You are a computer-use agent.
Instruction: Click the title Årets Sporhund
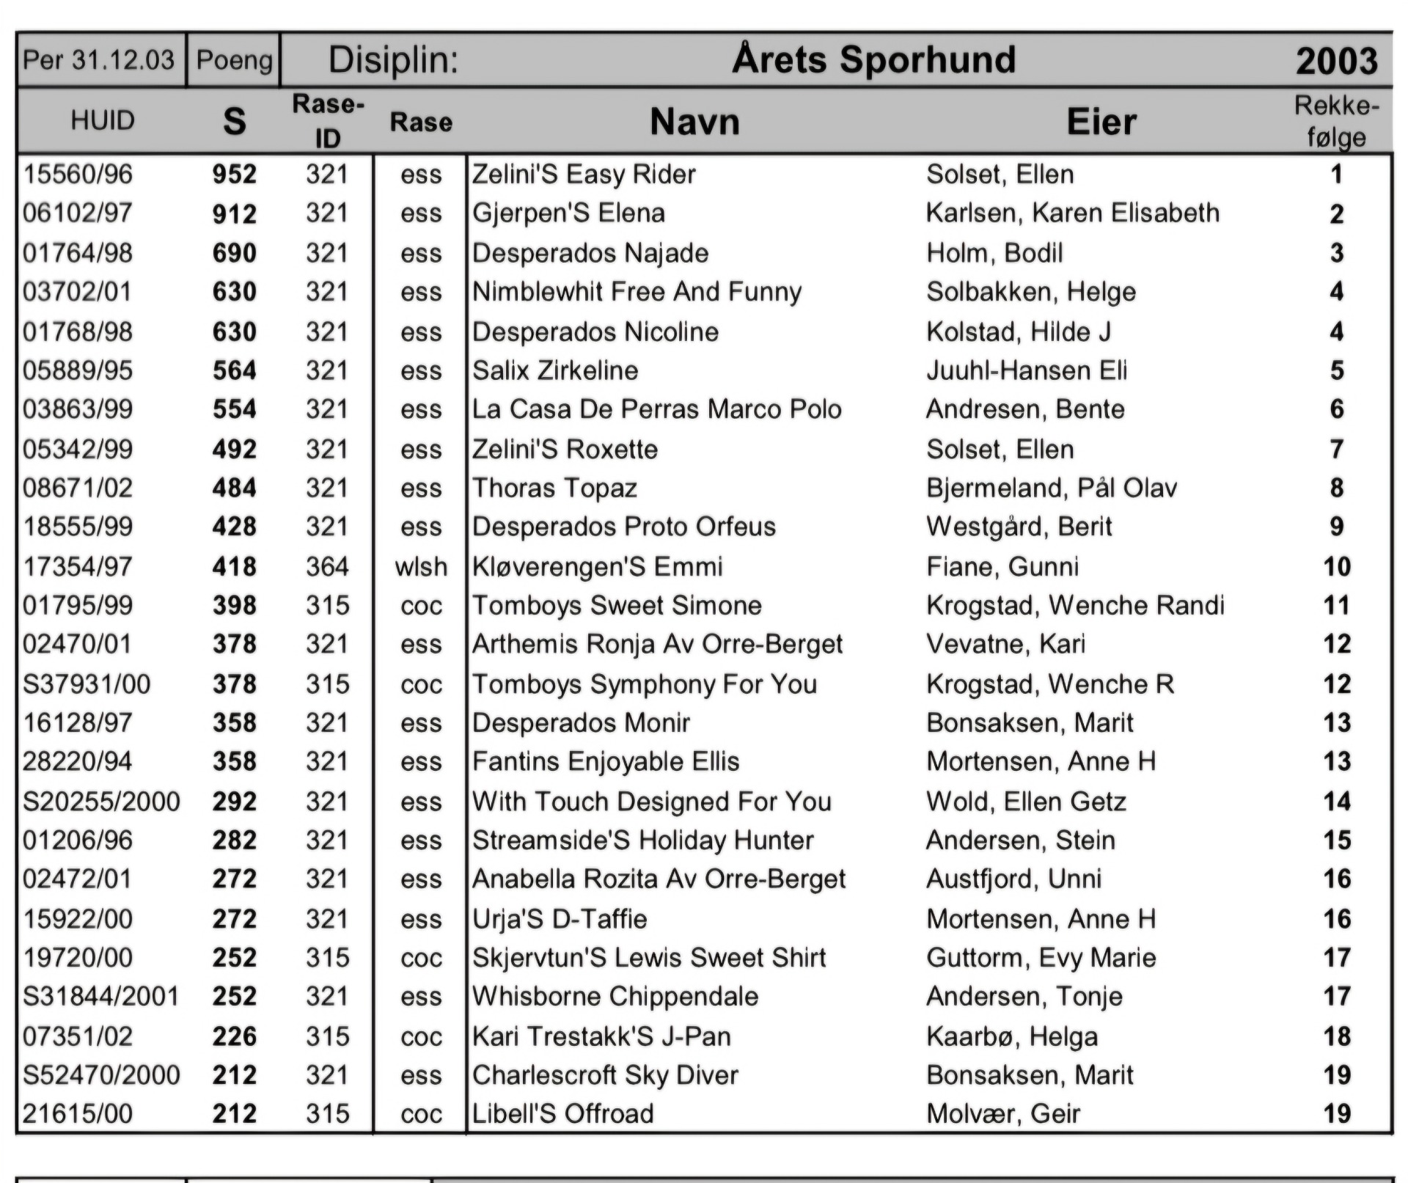point(873,59)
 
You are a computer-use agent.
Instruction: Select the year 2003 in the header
point(1336,61)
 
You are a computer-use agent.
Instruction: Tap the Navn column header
point(694,122)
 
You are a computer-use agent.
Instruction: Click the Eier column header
point(1101,122)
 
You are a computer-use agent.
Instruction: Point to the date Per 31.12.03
point(99,59)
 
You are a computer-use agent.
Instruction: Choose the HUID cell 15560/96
point(78,175)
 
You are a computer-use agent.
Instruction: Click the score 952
point(235,175)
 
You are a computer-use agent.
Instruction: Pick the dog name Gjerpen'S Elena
point(568,213)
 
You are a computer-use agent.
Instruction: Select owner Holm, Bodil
point(994,253)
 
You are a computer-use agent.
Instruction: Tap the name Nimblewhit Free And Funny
point(637,292)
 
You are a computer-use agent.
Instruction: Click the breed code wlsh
point(421,567)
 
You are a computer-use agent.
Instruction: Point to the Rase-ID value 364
point(327,567)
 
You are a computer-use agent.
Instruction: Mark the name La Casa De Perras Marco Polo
point(656,409)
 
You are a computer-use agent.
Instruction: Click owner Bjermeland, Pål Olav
point(1052,488)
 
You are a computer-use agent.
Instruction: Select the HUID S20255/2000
point(101,802)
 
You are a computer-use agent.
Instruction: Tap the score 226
point(235,1036)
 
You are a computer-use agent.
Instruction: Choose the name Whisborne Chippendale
point(615,997)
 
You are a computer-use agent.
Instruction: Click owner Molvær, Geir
point(1003,1114)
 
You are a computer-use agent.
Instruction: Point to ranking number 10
point(1336,567)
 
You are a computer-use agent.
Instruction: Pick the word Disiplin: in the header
point(393,59)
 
